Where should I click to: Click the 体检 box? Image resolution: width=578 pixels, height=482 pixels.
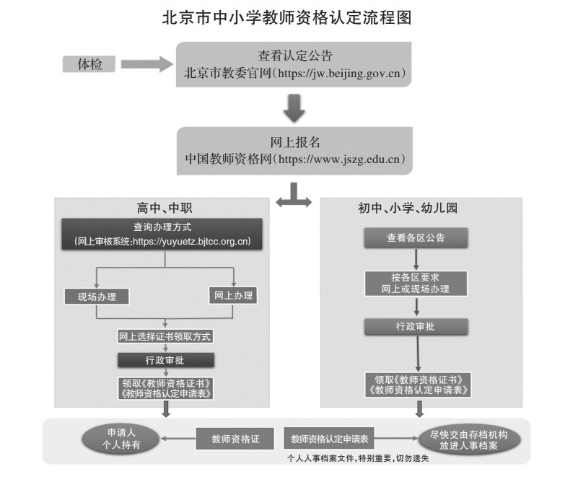[x=90, y=64]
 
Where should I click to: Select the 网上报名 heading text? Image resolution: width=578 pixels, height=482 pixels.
[x=294, y=142]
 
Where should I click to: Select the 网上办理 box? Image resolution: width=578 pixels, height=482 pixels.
[x=234, y=295]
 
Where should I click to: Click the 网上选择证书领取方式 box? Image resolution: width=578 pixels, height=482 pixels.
[x=166, y=336]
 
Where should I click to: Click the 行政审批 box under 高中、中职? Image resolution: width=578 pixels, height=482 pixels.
[x=165, y=359]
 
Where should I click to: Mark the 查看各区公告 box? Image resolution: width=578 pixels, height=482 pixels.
[x=416, y=237]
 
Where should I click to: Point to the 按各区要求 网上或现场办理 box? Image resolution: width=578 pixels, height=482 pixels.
[x=416, y=282]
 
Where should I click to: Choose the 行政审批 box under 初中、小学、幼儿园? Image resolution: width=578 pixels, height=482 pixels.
[x=416, y=327]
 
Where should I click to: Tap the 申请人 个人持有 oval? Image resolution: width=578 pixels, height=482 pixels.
[x=121, y=439]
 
